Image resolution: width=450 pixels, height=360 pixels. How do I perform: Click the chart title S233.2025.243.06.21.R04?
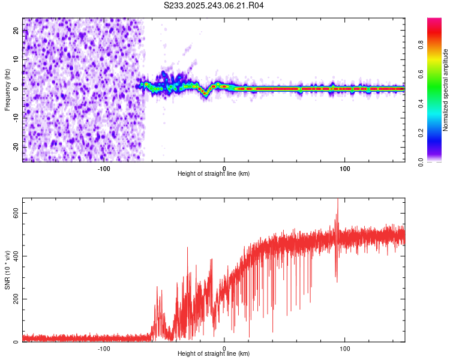[x=214, y=5]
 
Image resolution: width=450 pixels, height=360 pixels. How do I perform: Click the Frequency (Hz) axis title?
[x=7, y=89]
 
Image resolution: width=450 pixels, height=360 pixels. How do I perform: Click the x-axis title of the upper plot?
[x=214, y=173]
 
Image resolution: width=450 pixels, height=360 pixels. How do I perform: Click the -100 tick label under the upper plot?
[x=104, y=169]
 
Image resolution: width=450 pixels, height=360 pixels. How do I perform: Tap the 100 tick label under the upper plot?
[x=345, y=169]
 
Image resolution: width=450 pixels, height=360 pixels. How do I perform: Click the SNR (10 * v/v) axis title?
[x=7, y=269]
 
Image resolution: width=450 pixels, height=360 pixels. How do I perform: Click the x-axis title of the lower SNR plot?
[x=214, y=353]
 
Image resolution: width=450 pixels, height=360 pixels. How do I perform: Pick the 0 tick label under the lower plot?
[x=224, y=349]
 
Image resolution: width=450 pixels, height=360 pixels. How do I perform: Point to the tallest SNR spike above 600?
[x=337, y=200]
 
